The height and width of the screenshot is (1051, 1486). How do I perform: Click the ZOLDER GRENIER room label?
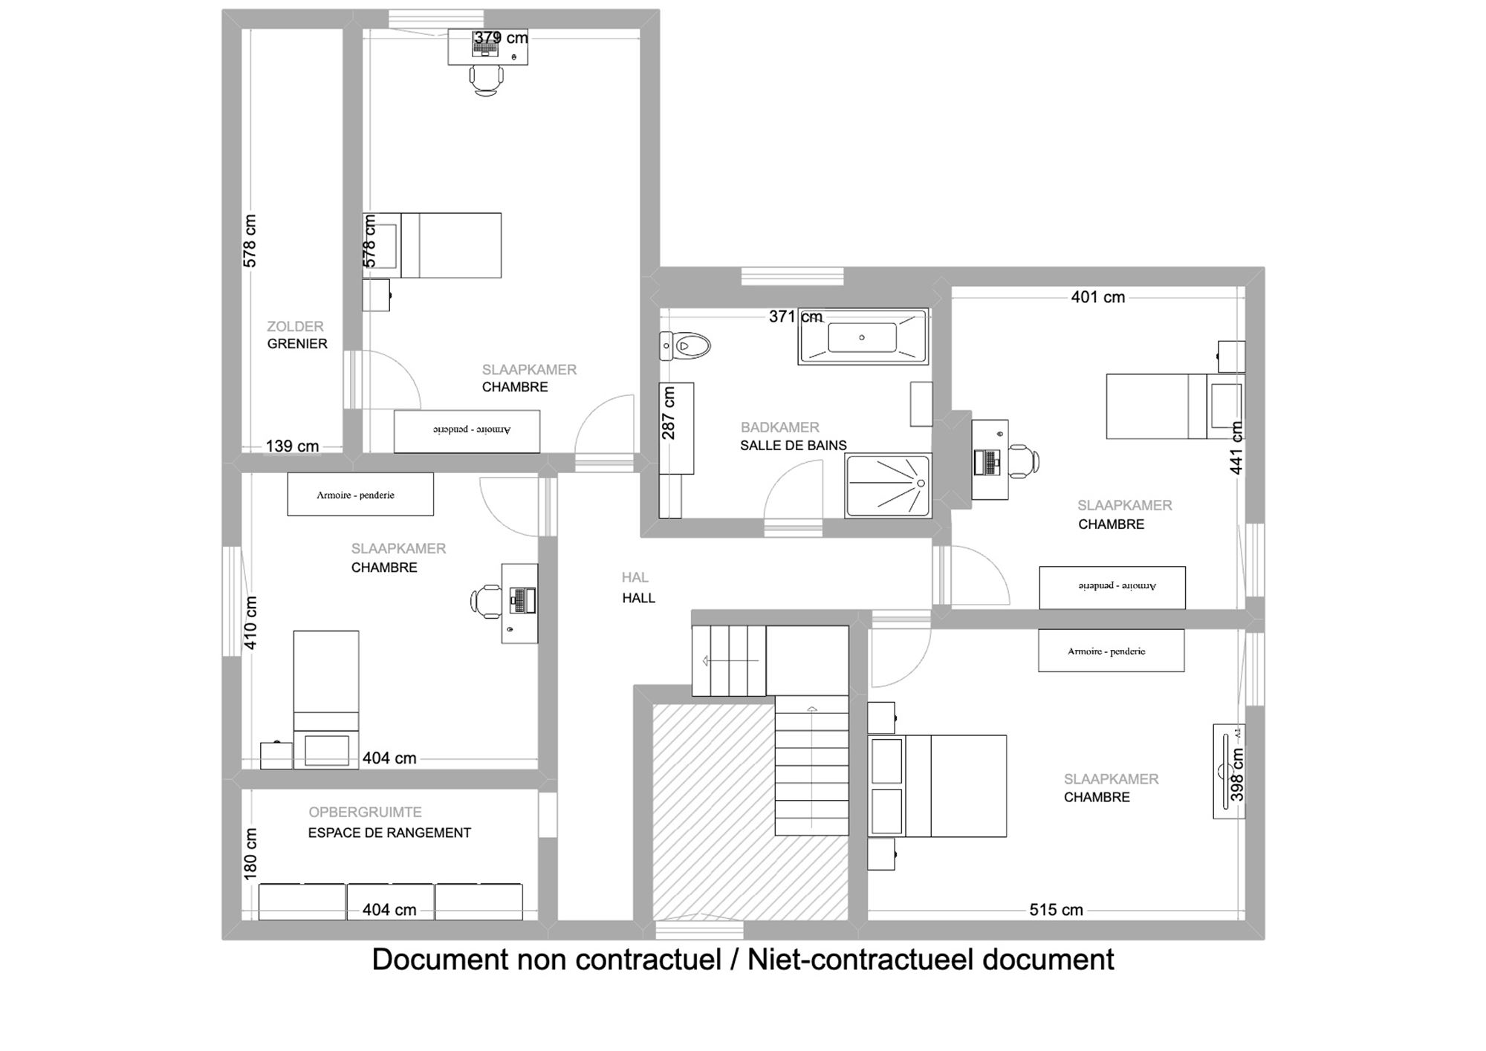click(x=297, y=335)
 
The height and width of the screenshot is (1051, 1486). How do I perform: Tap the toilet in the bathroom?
click(x=685, y=346)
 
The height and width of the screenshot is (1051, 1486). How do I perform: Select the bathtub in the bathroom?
click(x=863, y=337)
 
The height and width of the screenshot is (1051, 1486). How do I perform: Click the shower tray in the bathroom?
click(x=889, y=486)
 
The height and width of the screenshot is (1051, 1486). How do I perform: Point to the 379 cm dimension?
click(x=502, y=37)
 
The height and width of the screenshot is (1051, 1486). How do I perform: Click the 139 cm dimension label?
click(x=292, y=446)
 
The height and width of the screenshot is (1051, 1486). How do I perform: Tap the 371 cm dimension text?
click(x=796, y=316)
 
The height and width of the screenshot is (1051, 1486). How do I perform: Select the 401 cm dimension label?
click(x=1098, y=297)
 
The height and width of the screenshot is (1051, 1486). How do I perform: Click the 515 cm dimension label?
click(x=1056, y=910)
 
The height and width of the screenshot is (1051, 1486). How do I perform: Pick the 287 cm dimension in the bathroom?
click(x=669, y=413)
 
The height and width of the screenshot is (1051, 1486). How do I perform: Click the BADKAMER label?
click(x=780, y=428)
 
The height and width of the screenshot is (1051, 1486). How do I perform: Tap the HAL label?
click(x=635, y=577)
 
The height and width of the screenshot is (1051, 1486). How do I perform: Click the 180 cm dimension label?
click(x=250, y=854)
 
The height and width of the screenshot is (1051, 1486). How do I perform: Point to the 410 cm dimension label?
click(x=250, y=622)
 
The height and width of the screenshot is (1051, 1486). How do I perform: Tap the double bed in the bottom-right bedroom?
click(x=937, y=786)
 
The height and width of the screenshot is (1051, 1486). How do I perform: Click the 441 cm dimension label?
click(x=1236, y=448)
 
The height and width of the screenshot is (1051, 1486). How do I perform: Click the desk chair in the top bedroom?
click(x=486, y=79)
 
